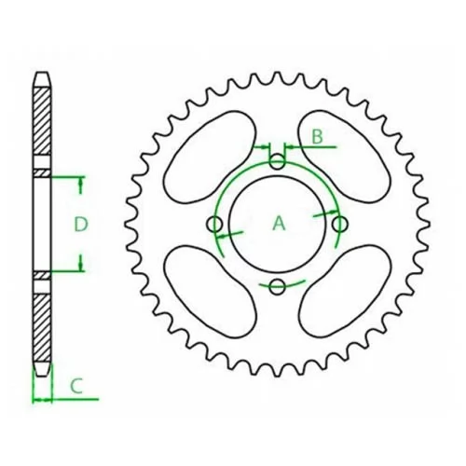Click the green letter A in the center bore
(279, 223)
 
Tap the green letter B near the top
(317, 137)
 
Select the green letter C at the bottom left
(76, 386)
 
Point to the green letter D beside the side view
(81, 224)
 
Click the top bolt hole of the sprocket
(277, 161)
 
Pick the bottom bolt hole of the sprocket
(277, 287)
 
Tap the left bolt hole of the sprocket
(214, 225)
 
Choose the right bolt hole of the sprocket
(340, 224)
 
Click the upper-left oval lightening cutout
(210, 158)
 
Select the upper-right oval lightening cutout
(344, 157)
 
